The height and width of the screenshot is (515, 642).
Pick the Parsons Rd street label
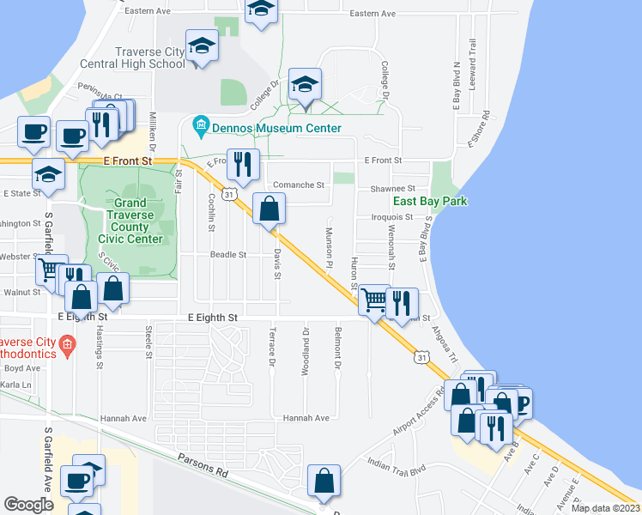203,470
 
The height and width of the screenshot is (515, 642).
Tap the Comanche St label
298,185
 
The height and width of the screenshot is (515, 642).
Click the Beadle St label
229,255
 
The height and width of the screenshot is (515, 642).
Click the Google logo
28,505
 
